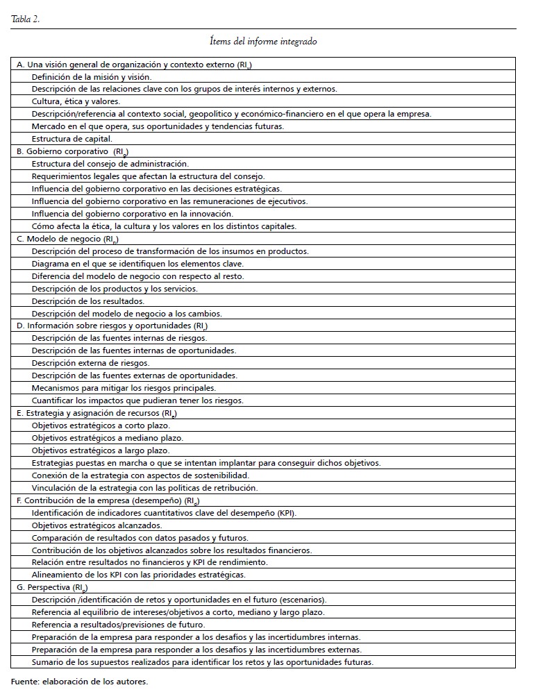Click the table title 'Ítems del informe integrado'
pos(263,42)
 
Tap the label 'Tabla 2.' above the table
pos(26,19)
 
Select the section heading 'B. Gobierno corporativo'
pos(63,151)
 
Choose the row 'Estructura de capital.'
pos(72,139)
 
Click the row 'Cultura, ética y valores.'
pos(76,101)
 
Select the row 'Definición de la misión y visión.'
pos(91,76)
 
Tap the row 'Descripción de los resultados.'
pos(88,301)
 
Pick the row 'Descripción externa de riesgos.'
pos(90,363)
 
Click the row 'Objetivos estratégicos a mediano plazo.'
pos(108,438)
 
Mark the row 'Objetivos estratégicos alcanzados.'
pos(97,525)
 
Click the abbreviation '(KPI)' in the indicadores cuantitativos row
pos(285,513)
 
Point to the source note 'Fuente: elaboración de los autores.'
pos(80,681)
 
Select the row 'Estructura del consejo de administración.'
pos(110,164)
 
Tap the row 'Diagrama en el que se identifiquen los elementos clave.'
pos(137,264)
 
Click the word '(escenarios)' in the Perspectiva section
pos(303,600)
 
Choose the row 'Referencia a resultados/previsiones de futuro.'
pos(118,625)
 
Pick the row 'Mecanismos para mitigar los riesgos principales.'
pos(124,388)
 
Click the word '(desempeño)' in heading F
pos(157,500)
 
